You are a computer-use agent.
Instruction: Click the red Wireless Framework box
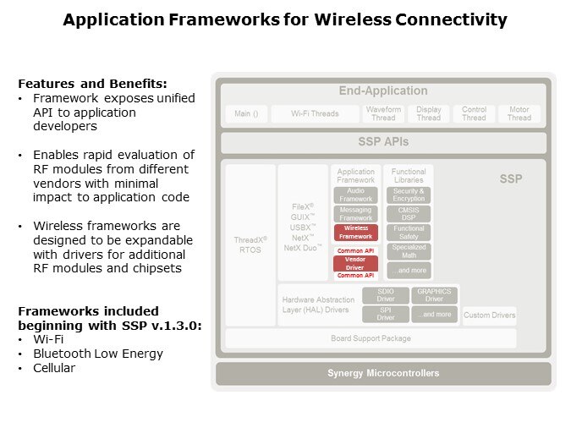point(355,233)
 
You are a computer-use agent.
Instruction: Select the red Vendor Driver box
point(355,263)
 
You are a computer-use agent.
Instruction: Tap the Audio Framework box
point(355,195)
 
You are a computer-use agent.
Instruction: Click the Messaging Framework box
point(355,214)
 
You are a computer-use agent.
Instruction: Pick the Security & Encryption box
point(409,195)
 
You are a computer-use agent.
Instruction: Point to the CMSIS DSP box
point(409,214)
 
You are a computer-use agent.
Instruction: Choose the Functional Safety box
point(409,233)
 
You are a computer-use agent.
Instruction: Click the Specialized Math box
point(409,251)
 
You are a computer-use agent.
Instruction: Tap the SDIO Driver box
point(386,295)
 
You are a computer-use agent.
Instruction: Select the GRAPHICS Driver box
point(435,295)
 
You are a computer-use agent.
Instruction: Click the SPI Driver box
point(386,314)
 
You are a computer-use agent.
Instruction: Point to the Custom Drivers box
point(489,315)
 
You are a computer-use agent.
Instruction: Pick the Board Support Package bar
point(371,338)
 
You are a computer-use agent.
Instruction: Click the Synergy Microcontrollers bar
point(383,373)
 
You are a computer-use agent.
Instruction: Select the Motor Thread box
point(519,113)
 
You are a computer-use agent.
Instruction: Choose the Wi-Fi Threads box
point(315,113)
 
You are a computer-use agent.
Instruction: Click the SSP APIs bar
point(384,142)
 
